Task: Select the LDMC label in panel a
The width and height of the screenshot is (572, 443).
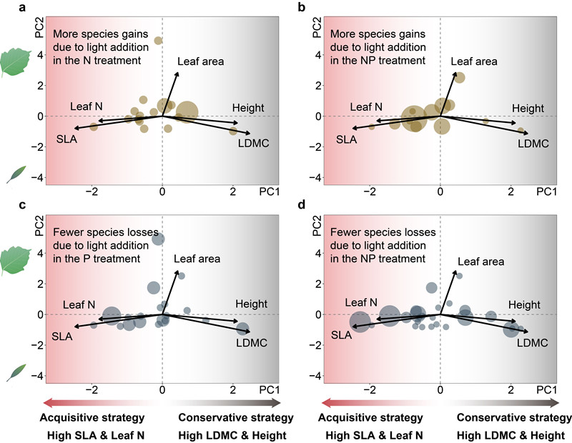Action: [x=253, y=144]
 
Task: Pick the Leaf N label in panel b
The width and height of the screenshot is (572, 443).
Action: [x=364, y=107]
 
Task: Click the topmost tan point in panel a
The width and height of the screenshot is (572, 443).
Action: [x=159, y=41]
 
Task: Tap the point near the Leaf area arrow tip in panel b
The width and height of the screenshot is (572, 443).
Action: [x=460, y=77]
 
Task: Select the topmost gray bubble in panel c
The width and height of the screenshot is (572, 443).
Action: [x=159, y=239]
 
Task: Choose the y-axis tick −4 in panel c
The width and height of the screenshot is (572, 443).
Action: [x=35, y=376]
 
